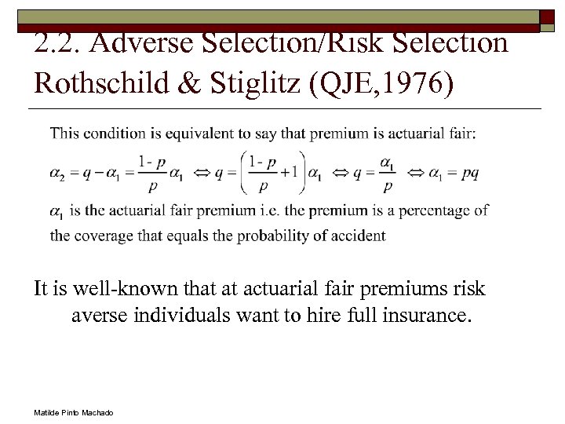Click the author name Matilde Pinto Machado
(74, 413)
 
